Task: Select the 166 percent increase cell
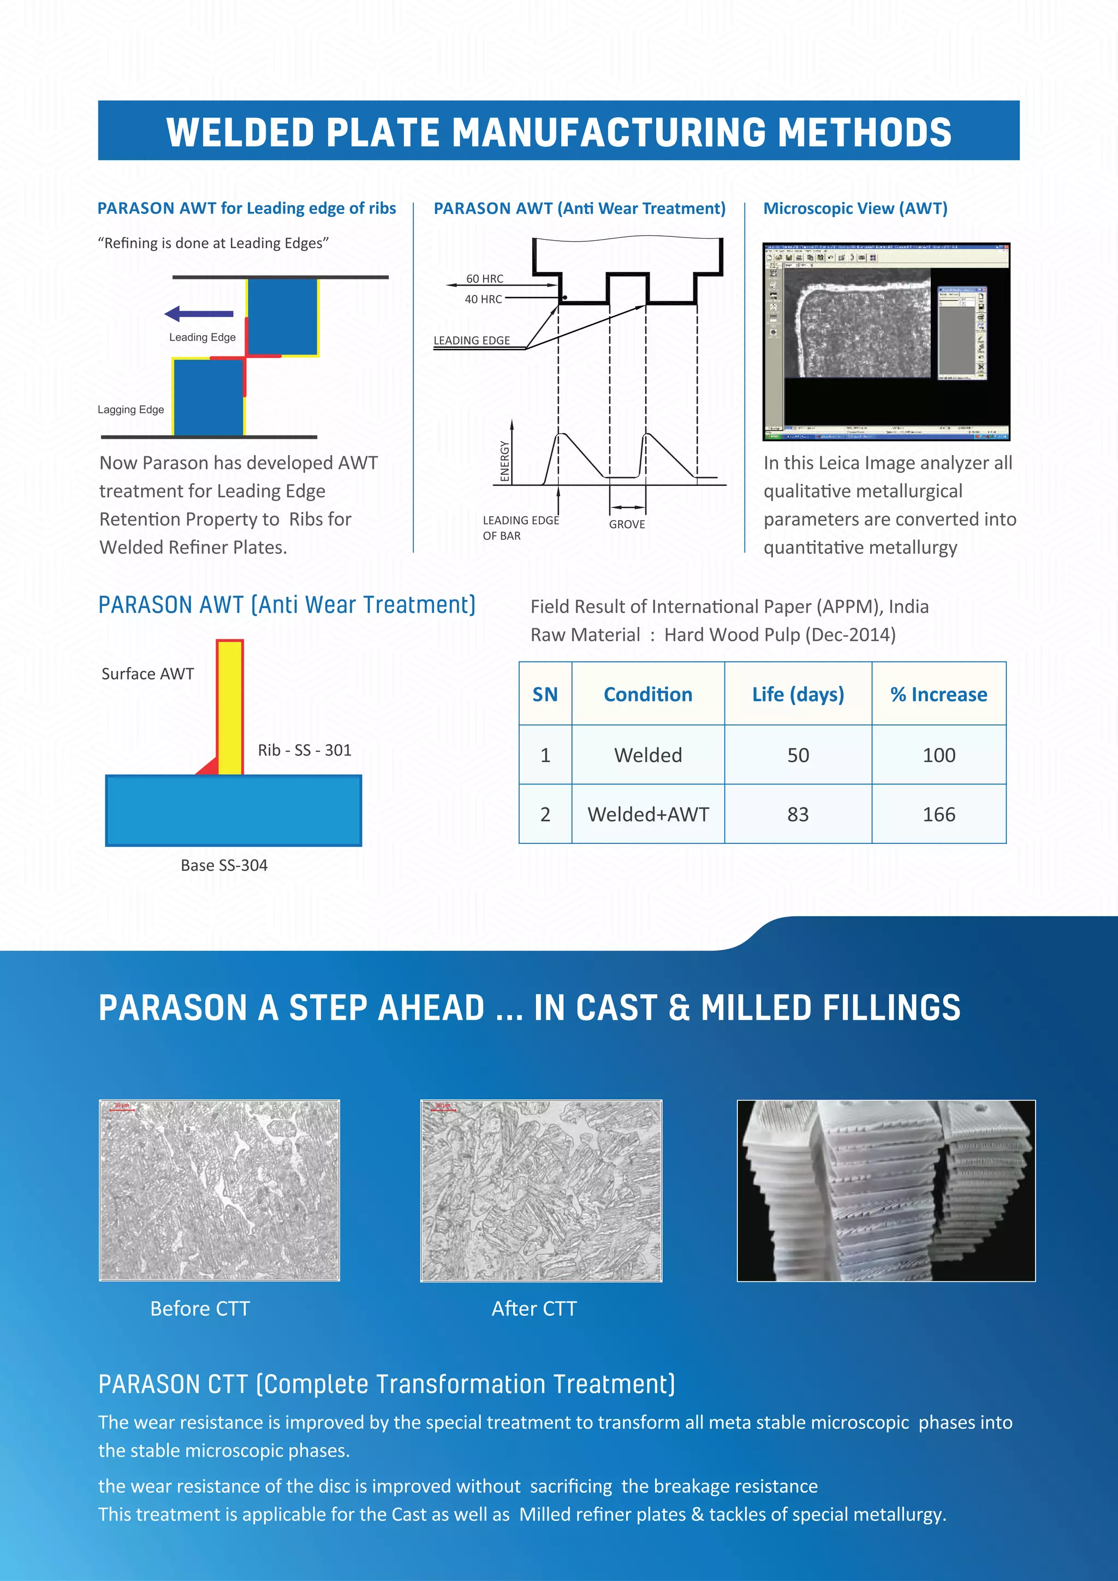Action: [x=938, y=815]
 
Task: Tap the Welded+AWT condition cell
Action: [x=648, y=815]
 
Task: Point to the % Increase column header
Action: [x=938, y=694]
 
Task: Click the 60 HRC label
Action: [x=485, y=279]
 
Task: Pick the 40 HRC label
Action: [x=483, y=299]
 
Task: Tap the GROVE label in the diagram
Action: [x=627, y=524]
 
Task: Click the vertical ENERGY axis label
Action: [x=504, y=461]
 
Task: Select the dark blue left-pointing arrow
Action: [x=199, y=314]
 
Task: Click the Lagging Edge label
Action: [x=131, y=409]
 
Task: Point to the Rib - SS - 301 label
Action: [x=304, y=750]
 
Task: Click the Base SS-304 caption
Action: [x=224, y=865]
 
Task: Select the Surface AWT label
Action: [x=147, y=674]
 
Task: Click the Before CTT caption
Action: [x=200, y=1309]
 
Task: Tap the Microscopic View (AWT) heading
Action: [x=855, y=209]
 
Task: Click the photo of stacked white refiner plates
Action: [x=885, y=1191]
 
